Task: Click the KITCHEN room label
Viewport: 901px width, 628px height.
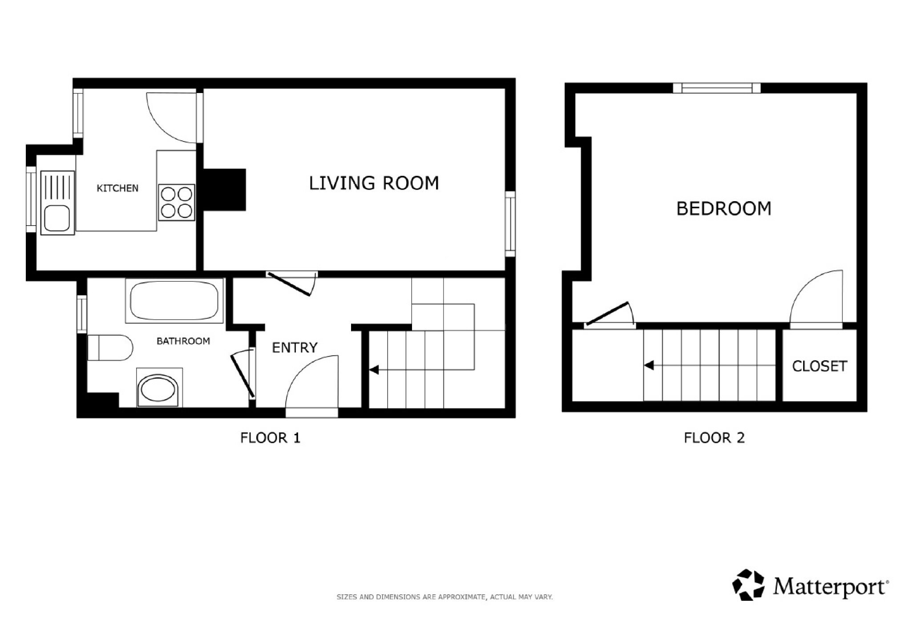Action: pyautogui.click(x=117, y=188)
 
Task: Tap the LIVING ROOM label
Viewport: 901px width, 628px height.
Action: pyautogui.click(x=374, y=183)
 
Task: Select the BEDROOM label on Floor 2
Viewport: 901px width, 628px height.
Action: pyautogui.click(x=724, y=209)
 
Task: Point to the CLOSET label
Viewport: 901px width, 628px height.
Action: pyautogui.click(x=819, y=366)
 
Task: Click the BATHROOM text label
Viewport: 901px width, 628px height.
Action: pyautogui.click(x=183, y=341)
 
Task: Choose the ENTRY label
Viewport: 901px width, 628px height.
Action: pyautogui.click(x=295, y=347)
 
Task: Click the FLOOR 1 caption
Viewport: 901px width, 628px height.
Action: pyautogui.click(x=270, y=438)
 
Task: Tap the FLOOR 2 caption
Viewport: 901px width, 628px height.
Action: pyautogui.click(x=714, y=438)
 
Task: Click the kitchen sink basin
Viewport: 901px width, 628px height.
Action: pyautogui.click(x=57, y=219)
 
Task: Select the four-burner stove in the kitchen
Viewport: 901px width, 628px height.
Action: pyautogui.click(x=177, y=203)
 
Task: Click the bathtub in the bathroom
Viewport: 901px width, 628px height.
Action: pyautogui.click(x=174, y=300)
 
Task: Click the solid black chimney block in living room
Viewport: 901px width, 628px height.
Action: pyautogui.click(x=224, y=190)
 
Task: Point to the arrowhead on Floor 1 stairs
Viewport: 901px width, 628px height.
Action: pyautogui.click(x=374, y=369)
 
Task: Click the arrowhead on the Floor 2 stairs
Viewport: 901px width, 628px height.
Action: pyautogui.click(x=649, y=365)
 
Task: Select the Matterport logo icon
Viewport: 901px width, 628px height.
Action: pyautogui.click(x=749, y=584)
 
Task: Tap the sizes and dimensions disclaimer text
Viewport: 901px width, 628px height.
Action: pyautogui.click(x=444, y=597)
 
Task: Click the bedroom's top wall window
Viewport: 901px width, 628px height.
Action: pyautogui.click(x=717, y=88)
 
